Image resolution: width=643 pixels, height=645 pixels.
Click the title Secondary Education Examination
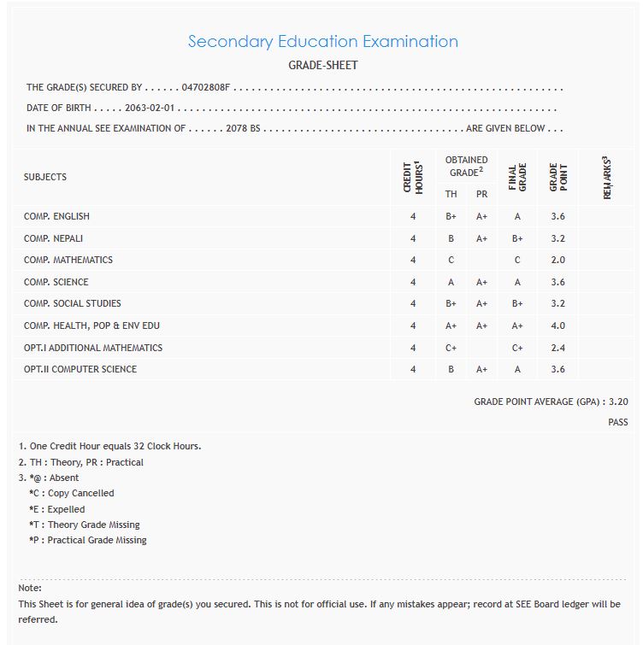[322, 42]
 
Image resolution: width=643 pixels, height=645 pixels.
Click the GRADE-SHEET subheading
[322, 66]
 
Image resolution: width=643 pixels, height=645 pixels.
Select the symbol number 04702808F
[206, 88]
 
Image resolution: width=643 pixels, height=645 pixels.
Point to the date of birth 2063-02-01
[150, 108]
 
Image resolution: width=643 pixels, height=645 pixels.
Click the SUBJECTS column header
[45, 177]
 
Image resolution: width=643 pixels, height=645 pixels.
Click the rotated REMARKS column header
[606, 177]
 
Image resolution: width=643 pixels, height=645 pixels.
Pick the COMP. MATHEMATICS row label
[68, 260]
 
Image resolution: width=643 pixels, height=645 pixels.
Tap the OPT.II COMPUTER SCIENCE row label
[80, 369]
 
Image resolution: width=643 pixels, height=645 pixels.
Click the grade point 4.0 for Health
[557, 325]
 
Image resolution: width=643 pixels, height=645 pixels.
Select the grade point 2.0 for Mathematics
[557, 260]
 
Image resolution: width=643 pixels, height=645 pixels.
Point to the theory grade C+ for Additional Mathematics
[451, 348]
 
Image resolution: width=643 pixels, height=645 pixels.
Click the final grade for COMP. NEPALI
[517, 238]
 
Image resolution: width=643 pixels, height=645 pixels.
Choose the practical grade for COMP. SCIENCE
[481, 282]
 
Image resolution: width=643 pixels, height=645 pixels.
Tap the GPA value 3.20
[619, 401]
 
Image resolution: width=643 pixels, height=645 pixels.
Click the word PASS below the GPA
[617, 422]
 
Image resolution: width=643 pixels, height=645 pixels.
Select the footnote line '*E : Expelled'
[56, 509]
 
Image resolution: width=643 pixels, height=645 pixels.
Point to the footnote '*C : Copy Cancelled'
[71, 493]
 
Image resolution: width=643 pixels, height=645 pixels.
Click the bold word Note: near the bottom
[30, 588]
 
